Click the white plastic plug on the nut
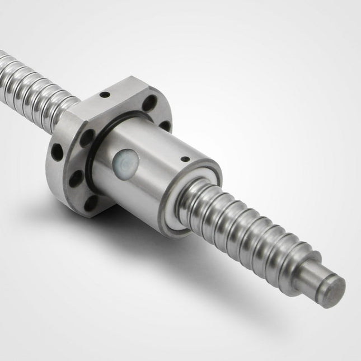point(126,163)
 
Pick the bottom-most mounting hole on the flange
point(91,200)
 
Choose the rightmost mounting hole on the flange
point(165,125)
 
